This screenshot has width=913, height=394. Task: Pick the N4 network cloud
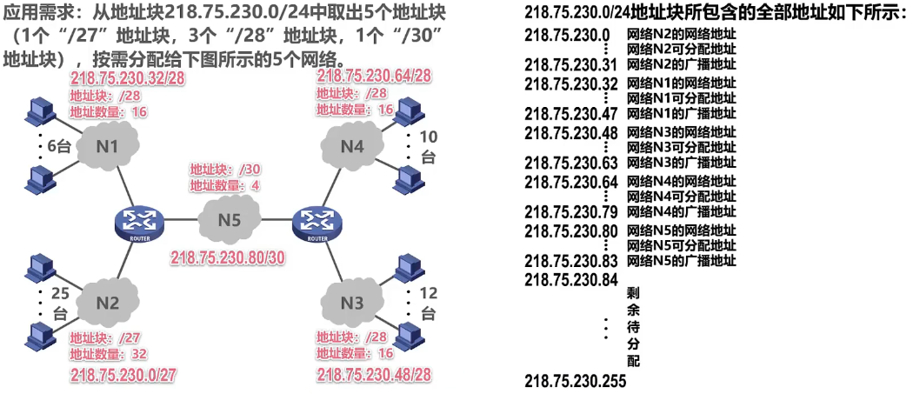click(351, 146)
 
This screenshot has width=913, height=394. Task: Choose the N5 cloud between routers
click(229, 220)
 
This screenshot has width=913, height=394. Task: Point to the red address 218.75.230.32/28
click(129, 78)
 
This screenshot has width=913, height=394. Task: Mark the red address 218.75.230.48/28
click(374, 375)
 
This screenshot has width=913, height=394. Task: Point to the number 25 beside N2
click(60, 293)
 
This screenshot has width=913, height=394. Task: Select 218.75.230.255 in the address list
click(576, 382)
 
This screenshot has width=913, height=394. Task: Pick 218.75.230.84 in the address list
click(571, 279)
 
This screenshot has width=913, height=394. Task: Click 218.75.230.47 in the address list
click(571, 113)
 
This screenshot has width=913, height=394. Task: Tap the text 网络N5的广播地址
click(682, 261)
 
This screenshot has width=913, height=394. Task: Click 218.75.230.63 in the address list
click(571, 163)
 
